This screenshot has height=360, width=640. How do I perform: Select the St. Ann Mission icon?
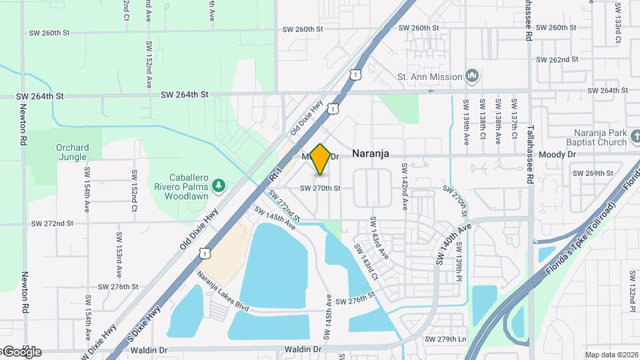[x=472, y=76]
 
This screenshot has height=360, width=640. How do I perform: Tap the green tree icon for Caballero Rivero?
[x=218, y=184]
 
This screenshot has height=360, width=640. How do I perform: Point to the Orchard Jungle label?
[x=72, y=153]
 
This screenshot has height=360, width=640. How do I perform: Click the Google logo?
[x=21, y=351]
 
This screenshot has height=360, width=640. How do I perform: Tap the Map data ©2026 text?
[x=610, y=355]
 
